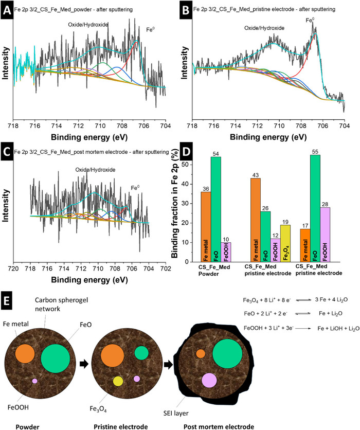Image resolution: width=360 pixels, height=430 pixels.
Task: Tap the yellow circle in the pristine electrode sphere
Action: click(119, 381)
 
